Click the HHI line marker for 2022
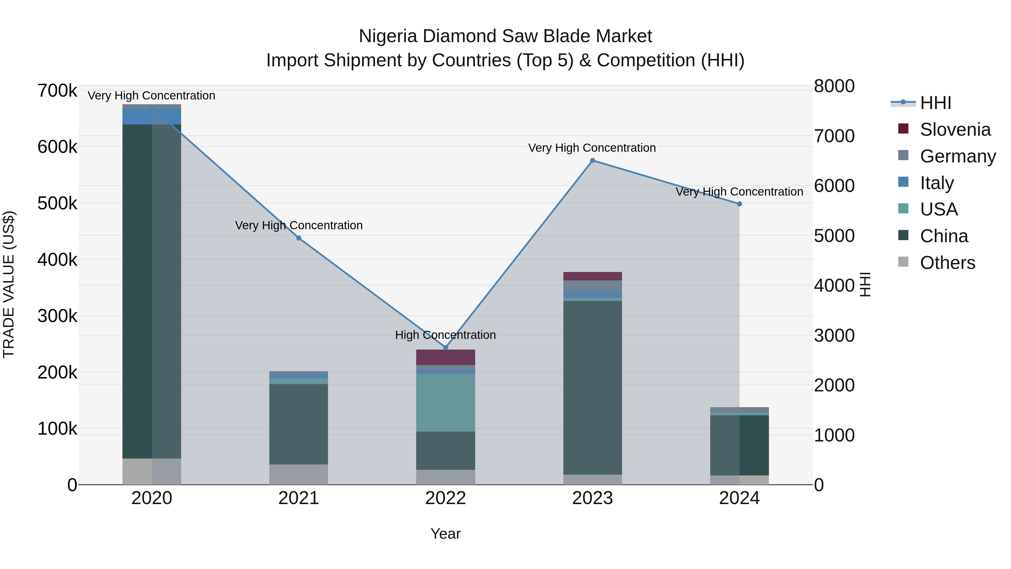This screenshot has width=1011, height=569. [445, 348]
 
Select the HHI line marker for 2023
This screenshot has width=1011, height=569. [593, 160]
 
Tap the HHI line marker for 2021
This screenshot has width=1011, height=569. [299, 238]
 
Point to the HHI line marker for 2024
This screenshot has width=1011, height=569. [739, 204]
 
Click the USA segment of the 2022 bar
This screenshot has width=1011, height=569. [445, 402]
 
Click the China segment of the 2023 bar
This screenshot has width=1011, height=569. [593, 387]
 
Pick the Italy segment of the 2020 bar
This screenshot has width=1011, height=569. [152, 117]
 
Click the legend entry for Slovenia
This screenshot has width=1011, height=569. [955, 130]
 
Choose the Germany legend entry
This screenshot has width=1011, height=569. [958, 156]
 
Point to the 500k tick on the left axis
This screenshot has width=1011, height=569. [57, 203]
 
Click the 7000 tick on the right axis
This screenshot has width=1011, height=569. [834, 136]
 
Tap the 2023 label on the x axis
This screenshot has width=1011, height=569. [593, 498]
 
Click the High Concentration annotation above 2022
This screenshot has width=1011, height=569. [445, 335]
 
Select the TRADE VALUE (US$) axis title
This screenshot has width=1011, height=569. [9, 284]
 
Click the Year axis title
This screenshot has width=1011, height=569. [445, 534]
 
